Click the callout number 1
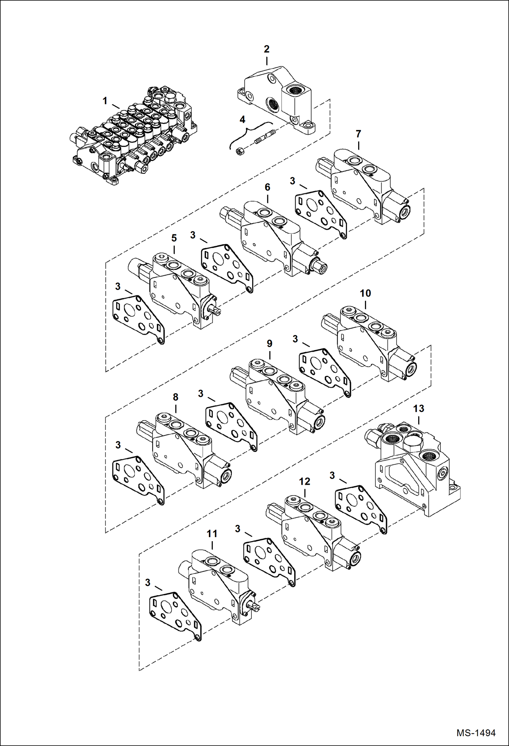(105, 101)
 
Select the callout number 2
(267, 49)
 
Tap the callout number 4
(242, 119)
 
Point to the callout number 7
(358, 134)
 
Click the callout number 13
(419, 408)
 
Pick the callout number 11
(212, 534)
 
